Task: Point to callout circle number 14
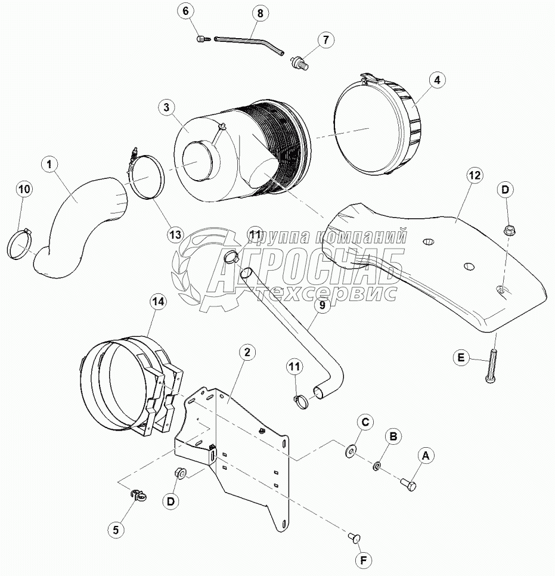[158, 303]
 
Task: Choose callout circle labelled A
[425, 456]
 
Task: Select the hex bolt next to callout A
[408, 483]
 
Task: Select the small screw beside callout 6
[201, 39]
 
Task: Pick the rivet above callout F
[354, 539]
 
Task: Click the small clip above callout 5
[137, 493]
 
